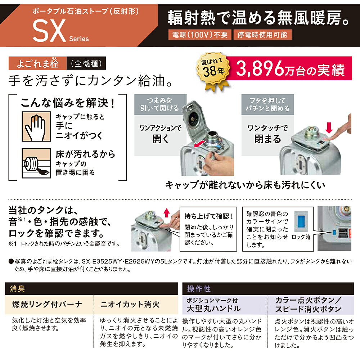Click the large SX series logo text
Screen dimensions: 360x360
click(x=48, y=30)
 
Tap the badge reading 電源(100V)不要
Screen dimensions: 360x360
click(x=200, y=35)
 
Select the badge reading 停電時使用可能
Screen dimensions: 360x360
click(x=262, y=35)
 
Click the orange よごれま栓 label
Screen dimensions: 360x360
click(x=38, y=64)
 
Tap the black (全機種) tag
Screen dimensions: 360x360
click(x=82, y=64)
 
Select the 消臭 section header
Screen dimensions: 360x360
click(x=18, y=289)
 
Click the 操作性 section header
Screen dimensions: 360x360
click(x=199, y=289)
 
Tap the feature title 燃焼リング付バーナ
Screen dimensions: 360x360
click(x=47, y=305)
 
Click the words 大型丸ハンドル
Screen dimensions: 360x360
click(x=213, y=309)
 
